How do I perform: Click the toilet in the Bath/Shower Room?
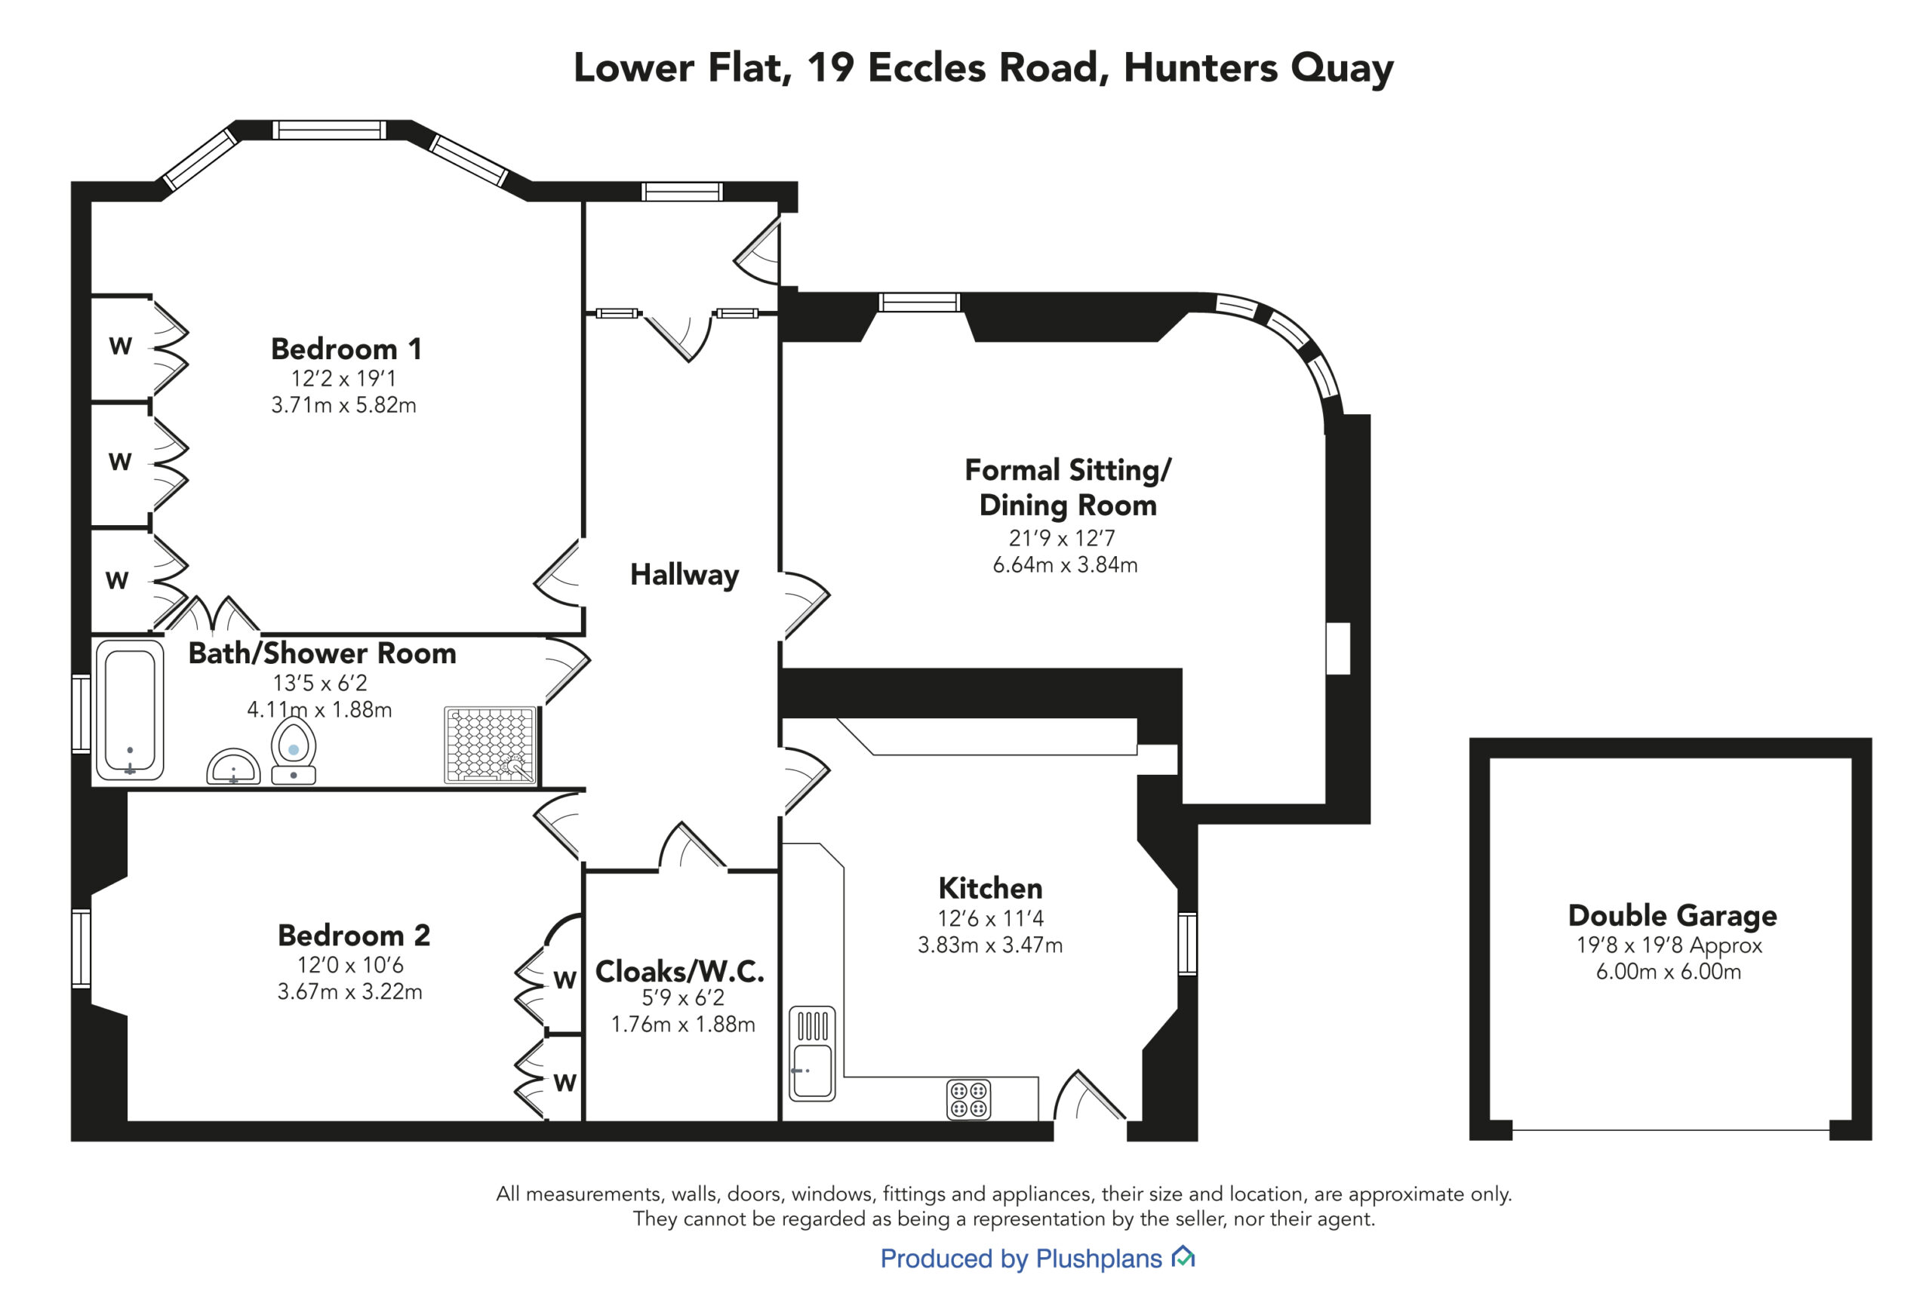(294, 751)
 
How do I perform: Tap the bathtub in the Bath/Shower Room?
(130, 710)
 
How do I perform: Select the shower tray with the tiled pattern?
(491, 745)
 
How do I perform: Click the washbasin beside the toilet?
(233, 766)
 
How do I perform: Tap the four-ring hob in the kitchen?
(969, 1099)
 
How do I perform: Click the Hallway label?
(684, 575)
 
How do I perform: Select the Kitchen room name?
(989, 888)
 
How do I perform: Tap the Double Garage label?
(1672, 916)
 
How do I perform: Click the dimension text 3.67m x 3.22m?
(350, 991)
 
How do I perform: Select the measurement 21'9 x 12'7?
(1062, 539)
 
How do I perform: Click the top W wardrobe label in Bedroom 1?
(121, 346)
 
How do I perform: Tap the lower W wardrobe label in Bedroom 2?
(565, 1083)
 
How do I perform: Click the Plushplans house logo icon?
(1183, 1256)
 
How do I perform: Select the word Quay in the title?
(1341, 68)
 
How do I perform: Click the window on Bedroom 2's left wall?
(81, 948)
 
